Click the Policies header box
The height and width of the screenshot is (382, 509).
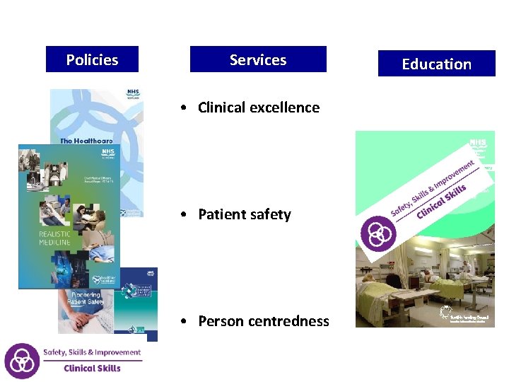coord(92,59)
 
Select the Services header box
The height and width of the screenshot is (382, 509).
coord(258,59)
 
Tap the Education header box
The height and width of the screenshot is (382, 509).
coord(436,64)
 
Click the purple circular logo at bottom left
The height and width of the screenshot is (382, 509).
coord(21,361)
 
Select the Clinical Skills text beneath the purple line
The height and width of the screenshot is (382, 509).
coord(92,369)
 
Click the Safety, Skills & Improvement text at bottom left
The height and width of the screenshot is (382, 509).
coord(92,352)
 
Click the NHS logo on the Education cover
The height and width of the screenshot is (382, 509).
coord(478,144)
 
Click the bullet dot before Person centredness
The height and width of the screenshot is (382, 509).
coord(183,321)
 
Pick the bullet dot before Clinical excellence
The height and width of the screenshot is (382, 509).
coord(183,108)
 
